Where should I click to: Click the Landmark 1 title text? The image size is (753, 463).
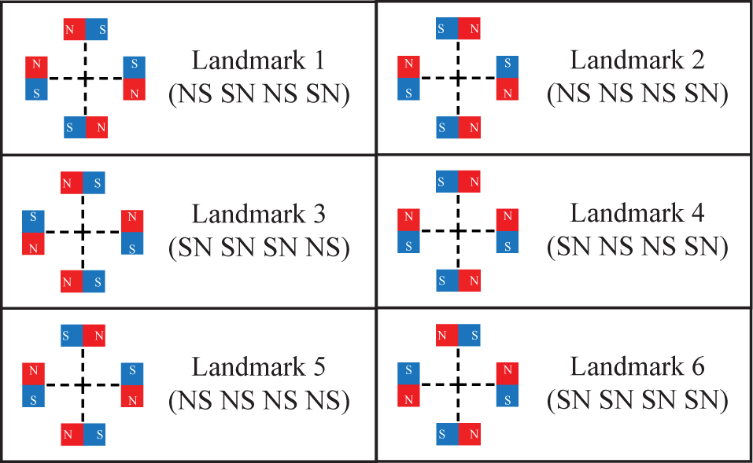click(258, 61)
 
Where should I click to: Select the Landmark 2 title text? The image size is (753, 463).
click(637, 61)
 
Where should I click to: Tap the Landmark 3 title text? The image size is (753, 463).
click(258, 214)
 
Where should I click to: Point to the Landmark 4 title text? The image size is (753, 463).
click(637, 213)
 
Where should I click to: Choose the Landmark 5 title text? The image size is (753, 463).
click(258, 367)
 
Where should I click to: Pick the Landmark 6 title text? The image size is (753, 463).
click(637, 366)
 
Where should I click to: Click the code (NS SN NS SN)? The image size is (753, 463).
click(259, 94)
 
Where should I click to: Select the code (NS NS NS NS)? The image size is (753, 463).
click(259, 401)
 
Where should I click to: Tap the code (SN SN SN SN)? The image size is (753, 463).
click(637, 400)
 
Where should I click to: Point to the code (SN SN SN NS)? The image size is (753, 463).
click(259, 248)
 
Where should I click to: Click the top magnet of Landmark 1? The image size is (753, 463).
click(86, 29)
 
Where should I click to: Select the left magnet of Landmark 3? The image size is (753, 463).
click(33, 232)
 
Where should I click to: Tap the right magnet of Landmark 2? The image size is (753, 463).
click(508, 78)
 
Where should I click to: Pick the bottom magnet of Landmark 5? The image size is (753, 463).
click(83, 434)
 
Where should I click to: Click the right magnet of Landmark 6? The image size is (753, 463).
click(508, 384)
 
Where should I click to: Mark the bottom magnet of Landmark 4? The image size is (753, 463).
click(458, 280)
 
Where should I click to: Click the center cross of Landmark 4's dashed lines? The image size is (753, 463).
click(458, 231)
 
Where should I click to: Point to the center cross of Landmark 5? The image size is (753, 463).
click(83, 385)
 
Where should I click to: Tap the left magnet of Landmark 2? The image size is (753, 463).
click(408, 78)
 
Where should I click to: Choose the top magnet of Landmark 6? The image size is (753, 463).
click(458, 335)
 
